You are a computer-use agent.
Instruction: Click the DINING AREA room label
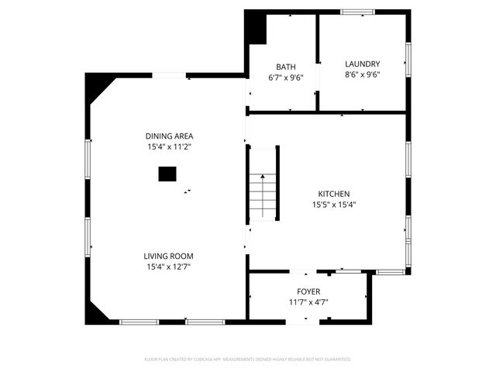click(x=168, y=136)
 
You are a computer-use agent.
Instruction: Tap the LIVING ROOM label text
click(x=168, y=256)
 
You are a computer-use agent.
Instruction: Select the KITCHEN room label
click(x=334, y=194)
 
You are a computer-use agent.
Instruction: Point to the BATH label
click(x=285, y=67)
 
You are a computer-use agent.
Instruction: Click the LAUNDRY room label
click(x=362, y=64)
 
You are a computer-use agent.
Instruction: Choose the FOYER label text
click(x=308, y=291)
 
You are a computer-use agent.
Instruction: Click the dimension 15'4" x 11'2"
click(x=168, y=146)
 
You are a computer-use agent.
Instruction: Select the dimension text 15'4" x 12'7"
click(x=168, y=267)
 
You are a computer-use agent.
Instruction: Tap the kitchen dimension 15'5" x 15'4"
click(x=334, y=205)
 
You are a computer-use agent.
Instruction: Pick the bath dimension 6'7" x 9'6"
click(x=285, y=77)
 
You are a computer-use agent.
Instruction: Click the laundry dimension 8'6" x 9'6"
click(x=362, y=75)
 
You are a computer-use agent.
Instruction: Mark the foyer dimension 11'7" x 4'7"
click(x=308, y=302)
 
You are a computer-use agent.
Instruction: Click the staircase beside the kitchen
click(x=262, y=194)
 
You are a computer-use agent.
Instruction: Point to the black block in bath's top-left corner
click(x=255, y=28)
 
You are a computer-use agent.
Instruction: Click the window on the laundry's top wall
click(x=357, y=12)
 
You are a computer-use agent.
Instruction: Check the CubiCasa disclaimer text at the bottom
click(x=248, y=360)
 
